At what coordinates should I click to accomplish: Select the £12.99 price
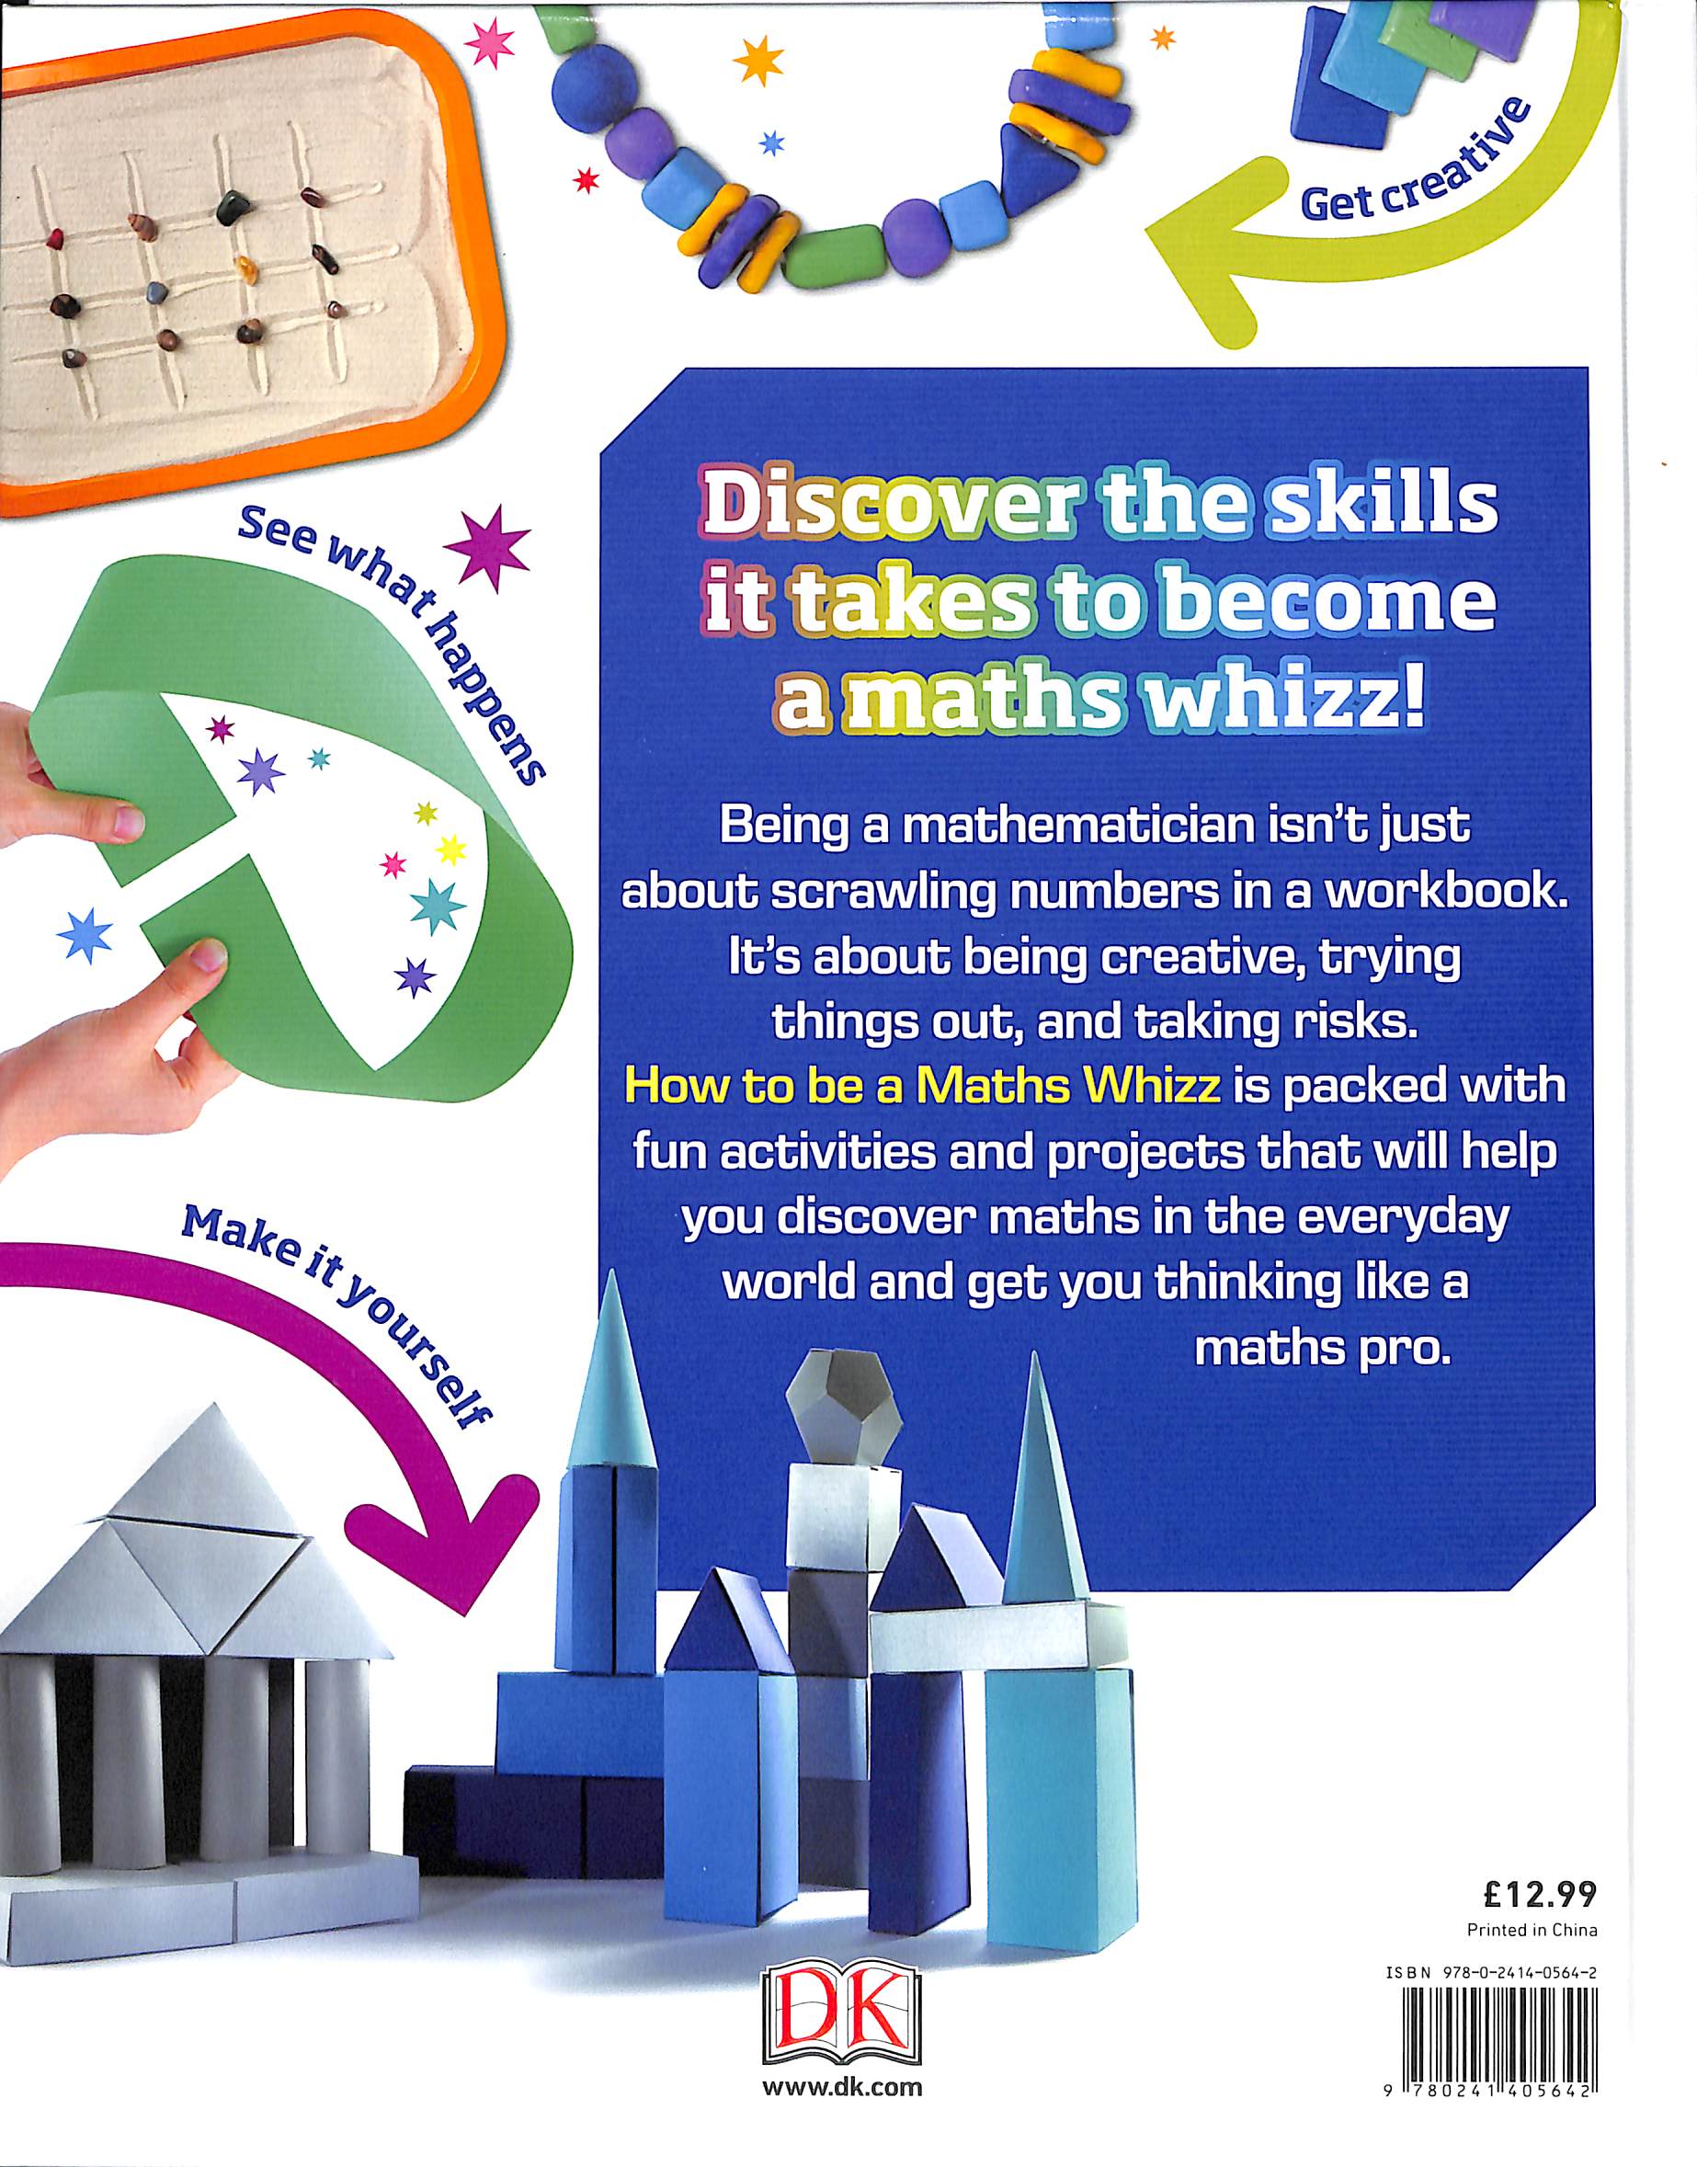click(x=1539, y=1896)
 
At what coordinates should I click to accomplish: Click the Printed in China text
click(x=1532, y=1931)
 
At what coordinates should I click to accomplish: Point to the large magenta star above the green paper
click(x=488, y=550)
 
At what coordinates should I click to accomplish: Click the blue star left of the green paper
click(x=85, y=936)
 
